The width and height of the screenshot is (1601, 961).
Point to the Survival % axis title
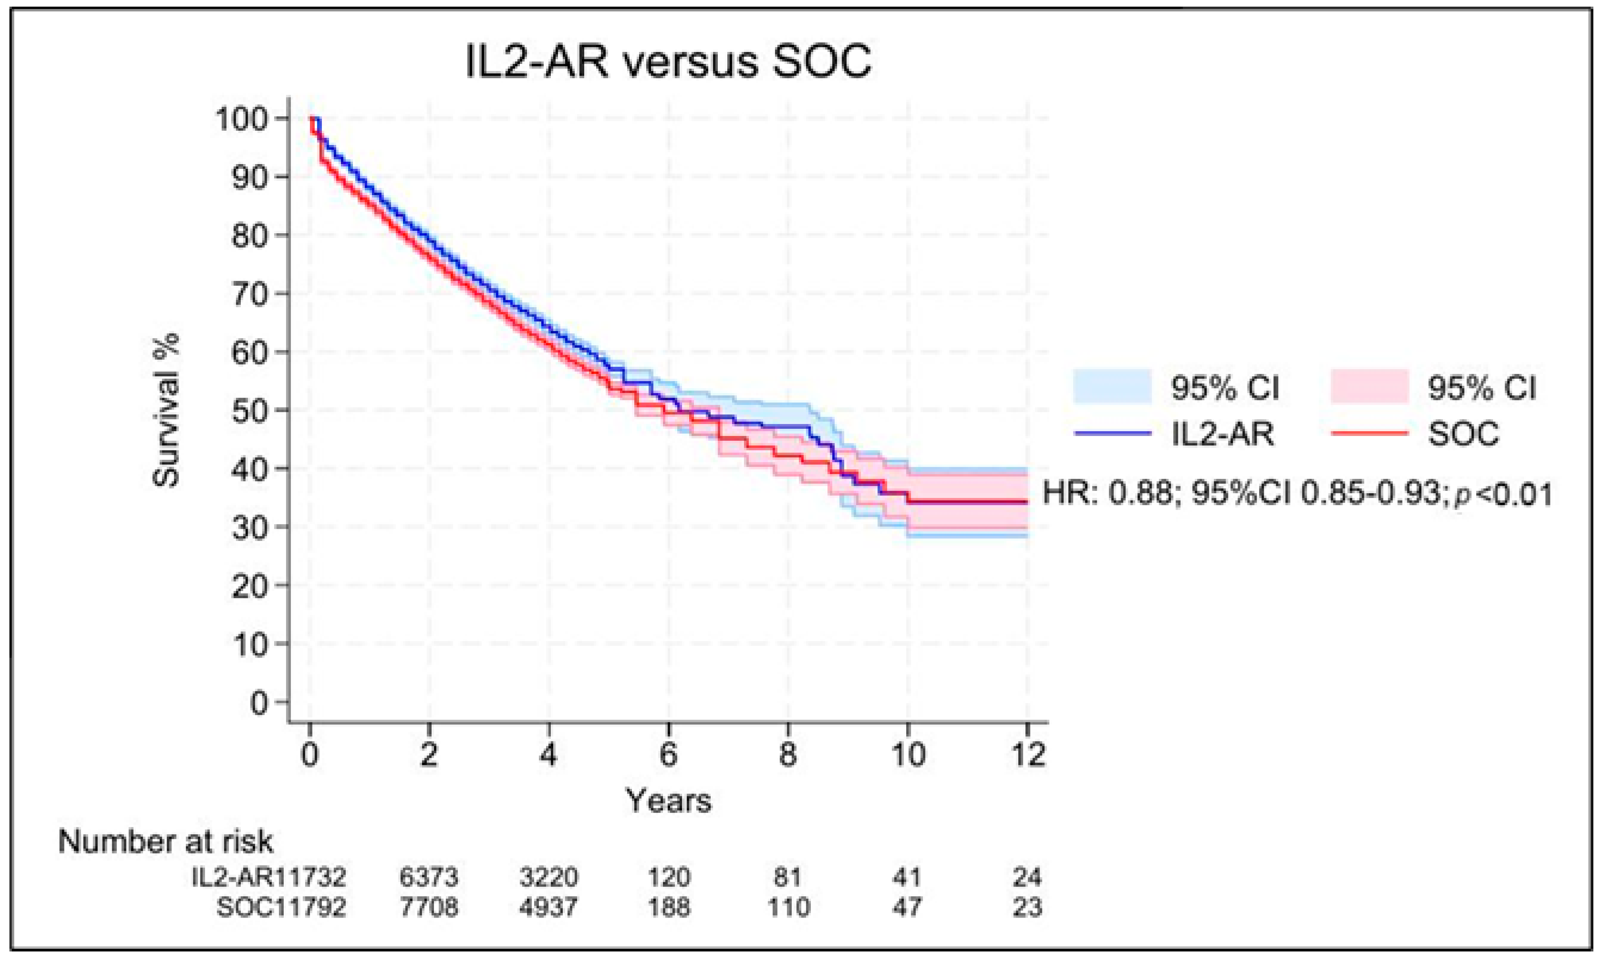point(166,410)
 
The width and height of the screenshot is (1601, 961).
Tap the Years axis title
point(668,801)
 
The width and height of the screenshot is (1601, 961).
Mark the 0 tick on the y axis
point(259,703)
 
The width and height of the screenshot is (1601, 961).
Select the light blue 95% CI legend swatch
point(1112,387)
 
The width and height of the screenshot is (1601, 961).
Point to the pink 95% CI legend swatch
point(1369,387)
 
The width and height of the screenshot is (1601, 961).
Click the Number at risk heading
point(166,842)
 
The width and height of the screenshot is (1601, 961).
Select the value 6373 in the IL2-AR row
point(429,878)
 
